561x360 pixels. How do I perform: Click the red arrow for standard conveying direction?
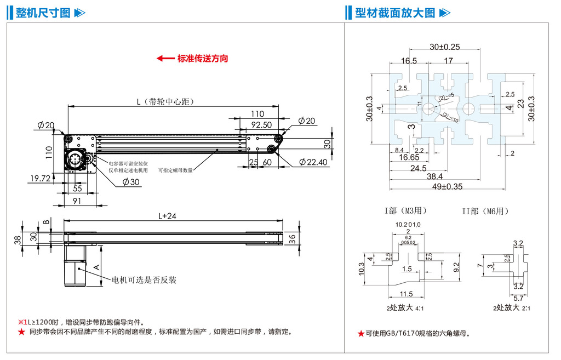tap(165, 59)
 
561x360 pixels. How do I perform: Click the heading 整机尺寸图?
tap(43, 13)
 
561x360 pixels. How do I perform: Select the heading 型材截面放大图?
tap(394, 13)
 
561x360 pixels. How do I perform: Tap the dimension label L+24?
tap(167, 216)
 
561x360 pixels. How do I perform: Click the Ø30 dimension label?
tap(130, 181)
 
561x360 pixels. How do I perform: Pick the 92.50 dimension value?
tap(261, 125)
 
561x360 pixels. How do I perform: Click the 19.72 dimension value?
tap(40, 178)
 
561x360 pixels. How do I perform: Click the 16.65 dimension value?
tap(409, 158)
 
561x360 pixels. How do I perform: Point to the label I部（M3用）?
tap(405, 210)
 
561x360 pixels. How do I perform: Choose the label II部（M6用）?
tap(485, 210)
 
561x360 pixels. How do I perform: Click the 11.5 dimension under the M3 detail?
tap(406, 294)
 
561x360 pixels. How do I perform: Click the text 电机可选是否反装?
tap(144, 280)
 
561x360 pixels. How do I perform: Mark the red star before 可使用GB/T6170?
tap(360, 333)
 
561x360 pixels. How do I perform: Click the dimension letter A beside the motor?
tap(96, 267)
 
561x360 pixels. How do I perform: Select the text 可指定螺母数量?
tap(175, 170)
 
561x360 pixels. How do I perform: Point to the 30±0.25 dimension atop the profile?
tap(444, 47)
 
